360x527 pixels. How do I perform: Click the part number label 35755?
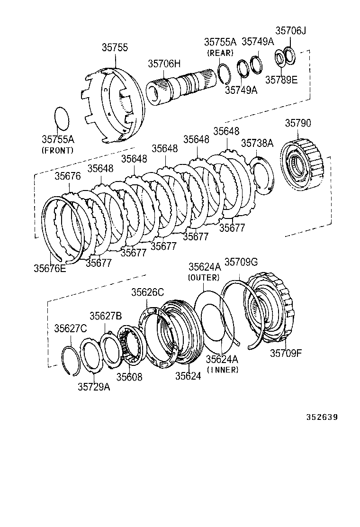click(114, 47)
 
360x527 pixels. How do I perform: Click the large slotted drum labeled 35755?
click(114, 105)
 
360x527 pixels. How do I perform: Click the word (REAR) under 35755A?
click(219, 53)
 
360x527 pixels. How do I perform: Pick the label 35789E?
click(281, 79)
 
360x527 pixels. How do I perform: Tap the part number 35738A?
click(257, 143)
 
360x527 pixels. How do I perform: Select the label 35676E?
click(50, 268)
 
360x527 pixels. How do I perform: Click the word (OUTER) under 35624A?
click(204, 277)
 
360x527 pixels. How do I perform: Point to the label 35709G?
click(241, 262)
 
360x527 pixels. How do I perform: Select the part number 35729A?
click(94, 387)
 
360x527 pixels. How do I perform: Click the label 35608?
click(129, 377)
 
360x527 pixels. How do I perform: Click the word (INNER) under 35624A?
click(223, 370)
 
